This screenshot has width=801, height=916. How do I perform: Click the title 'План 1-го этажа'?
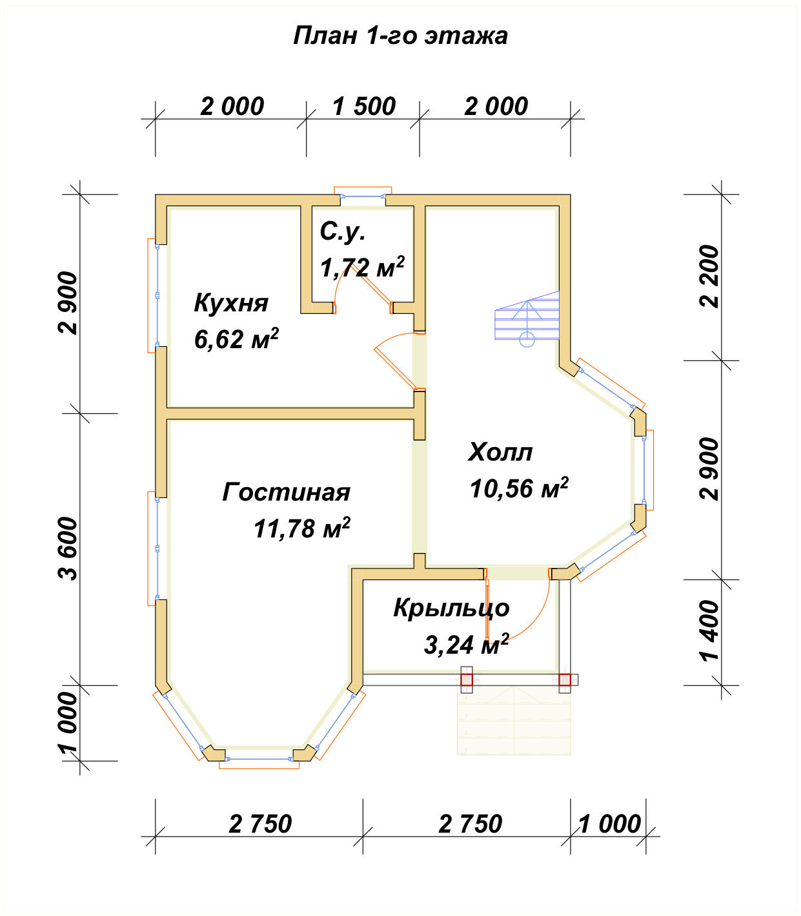(400, 36)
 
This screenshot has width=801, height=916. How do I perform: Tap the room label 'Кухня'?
(231, 304)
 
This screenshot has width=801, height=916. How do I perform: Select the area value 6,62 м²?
(236, 339)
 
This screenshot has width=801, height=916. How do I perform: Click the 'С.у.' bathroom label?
(343, 233)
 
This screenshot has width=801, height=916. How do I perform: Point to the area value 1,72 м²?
(362, 267)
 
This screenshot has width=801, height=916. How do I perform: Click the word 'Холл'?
(500, 452)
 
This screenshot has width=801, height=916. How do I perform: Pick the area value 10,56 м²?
(519, 488)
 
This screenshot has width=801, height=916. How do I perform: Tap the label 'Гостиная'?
(286, 492)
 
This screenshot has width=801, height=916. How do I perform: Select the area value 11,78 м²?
(302, 528)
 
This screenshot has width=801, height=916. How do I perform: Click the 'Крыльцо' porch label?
(452, 609)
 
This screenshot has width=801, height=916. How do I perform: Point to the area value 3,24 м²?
(467, 645)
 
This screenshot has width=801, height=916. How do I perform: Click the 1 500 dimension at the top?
(364, 107)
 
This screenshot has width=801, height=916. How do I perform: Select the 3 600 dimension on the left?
(68, 549)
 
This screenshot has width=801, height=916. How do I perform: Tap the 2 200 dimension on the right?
(709, 276)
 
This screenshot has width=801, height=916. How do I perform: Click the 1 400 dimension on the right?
(709, 631)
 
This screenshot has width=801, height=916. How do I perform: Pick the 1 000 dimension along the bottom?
(610, 824)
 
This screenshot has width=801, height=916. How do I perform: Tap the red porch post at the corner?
(564, 680)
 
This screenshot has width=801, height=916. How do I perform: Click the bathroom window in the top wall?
(363, 196)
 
